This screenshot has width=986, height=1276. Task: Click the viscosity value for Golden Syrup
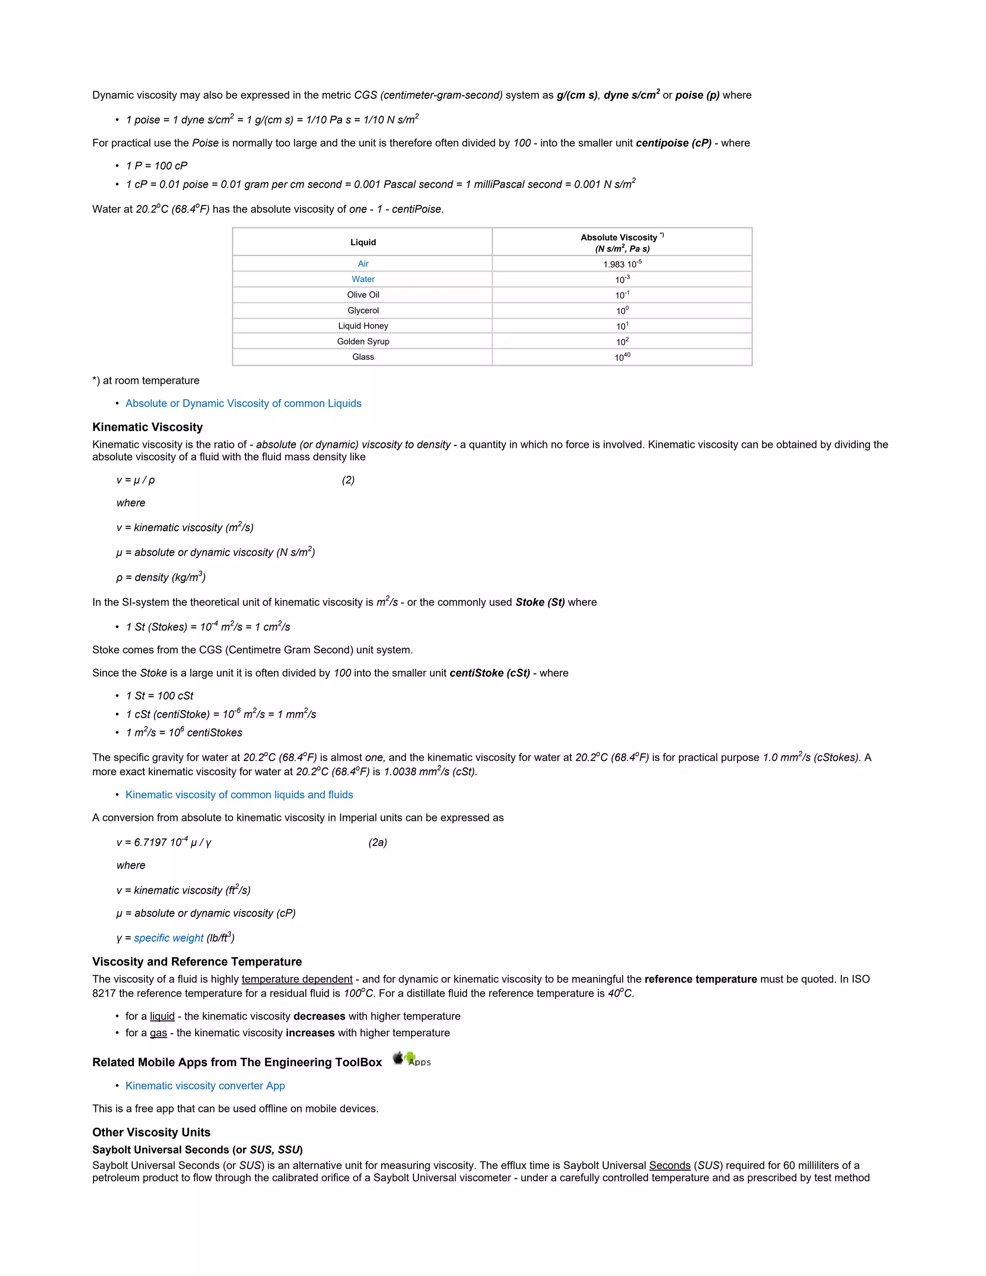[622, 341]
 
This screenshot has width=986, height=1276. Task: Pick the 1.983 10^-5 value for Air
[622, 264]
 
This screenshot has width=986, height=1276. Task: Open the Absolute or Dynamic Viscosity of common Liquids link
[243, 403]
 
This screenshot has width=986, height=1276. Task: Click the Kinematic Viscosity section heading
[147, 427]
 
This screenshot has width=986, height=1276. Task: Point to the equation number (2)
[348, 480]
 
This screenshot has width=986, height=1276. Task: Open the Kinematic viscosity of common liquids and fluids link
[239, 794]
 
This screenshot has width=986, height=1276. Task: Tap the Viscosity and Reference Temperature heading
[197, 962]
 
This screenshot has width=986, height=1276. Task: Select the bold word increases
[310, 1032]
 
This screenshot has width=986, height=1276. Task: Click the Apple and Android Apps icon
[411, 1059]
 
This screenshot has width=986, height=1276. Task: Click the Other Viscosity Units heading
[151, 1133]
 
